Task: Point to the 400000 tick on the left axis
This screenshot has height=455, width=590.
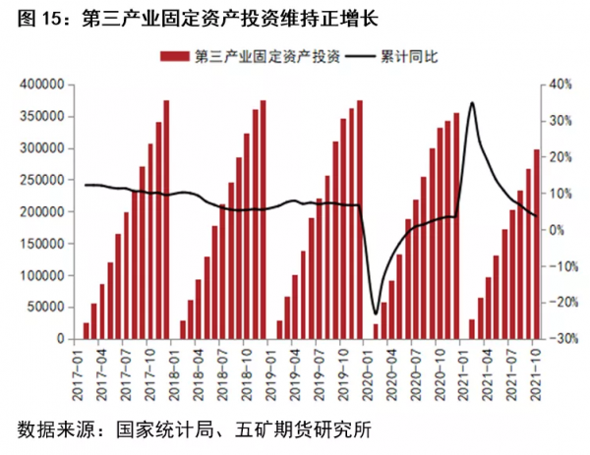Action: (x=41, y=85)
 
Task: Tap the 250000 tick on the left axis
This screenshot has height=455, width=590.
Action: (x=41, y=180)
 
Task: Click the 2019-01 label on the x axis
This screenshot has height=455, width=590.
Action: (x=277, y=370)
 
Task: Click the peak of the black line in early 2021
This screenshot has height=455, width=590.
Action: (x=473, y=102)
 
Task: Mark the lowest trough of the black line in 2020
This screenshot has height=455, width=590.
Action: (x=375, y=313)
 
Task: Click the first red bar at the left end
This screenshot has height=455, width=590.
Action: (x=86, y=330)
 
